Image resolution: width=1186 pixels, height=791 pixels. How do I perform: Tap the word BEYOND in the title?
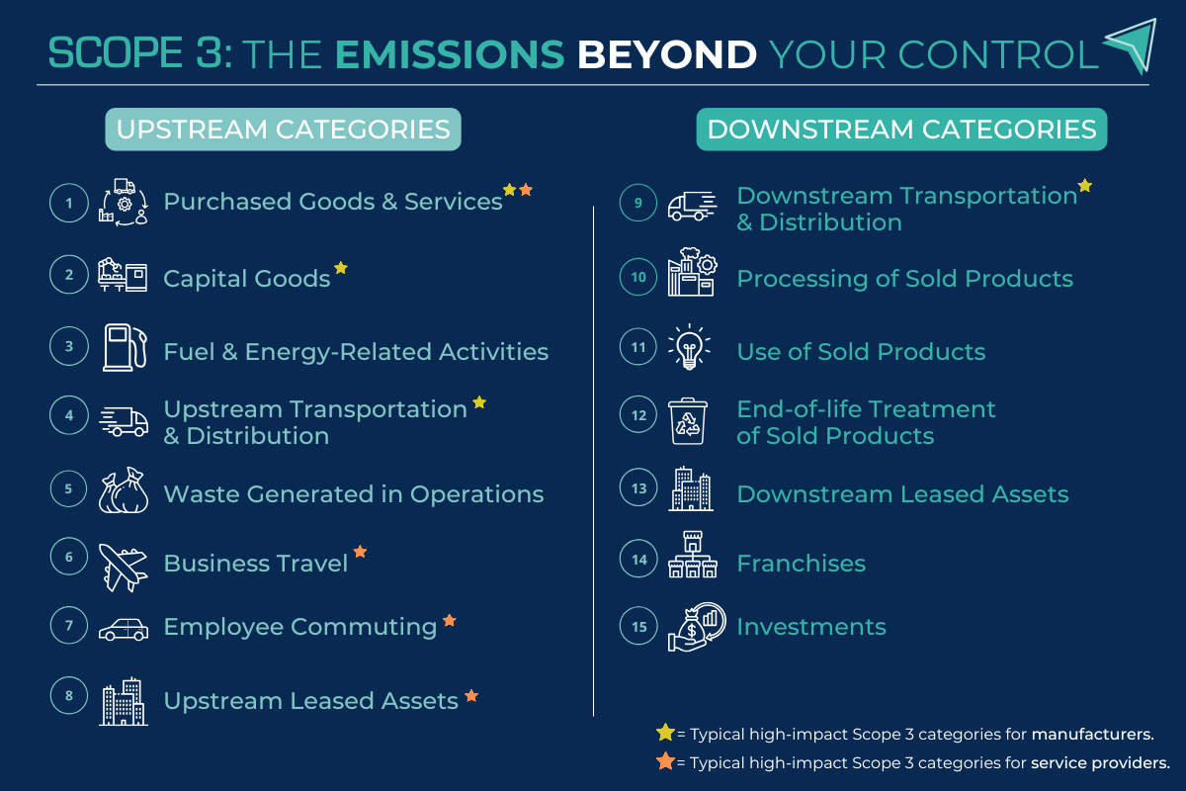pyautogui.click(x=667, y=53)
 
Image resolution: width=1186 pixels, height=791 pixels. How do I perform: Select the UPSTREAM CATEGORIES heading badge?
pyautogui.click(x=283, y=130)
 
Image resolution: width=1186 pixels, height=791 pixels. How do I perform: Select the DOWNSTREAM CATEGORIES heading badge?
pyautogui.click(x=901, y=130)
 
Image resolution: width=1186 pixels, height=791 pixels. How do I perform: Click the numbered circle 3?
pyautogui.click(x=69, y=347)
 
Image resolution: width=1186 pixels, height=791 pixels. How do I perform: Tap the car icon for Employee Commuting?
pyautogui.click(x=124, y=629)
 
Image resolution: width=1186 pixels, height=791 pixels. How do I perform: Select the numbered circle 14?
pyautogui.click(x=639, y=560)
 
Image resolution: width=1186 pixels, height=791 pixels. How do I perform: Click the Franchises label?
pyautogui.click(x=801, y=564)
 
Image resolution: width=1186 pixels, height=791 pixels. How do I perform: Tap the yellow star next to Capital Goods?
pyautogui.click(x=341, y=267)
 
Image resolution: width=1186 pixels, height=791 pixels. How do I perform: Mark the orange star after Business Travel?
pyautogui.click(x=360, y=552)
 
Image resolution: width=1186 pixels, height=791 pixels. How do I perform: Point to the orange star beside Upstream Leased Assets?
pyautogui.click(x=471, y=696)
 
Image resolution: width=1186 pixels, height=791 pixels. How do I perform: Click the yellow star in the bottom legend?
pyautogui.click(x=665, y=733)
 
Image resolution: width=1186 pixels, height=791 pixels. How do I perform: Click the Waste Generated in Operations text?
pyautogui.click(x=353, y=493)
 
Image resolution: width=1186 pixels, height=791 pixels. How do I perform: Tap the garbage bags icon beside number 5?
pyautogui.click(x=124, y=491)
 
